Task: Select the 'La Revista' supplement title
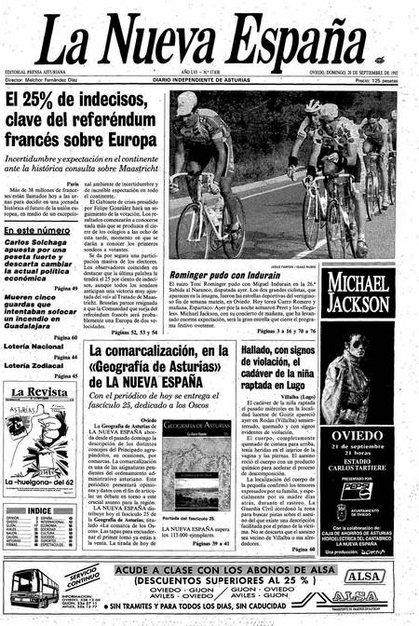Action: coord(35,392)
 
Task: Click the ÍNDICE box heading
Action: coord(40,510)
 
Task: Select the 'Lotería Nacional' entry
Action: coord(34,347)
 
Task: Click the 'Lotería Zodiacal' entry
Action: coord(34,365)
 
